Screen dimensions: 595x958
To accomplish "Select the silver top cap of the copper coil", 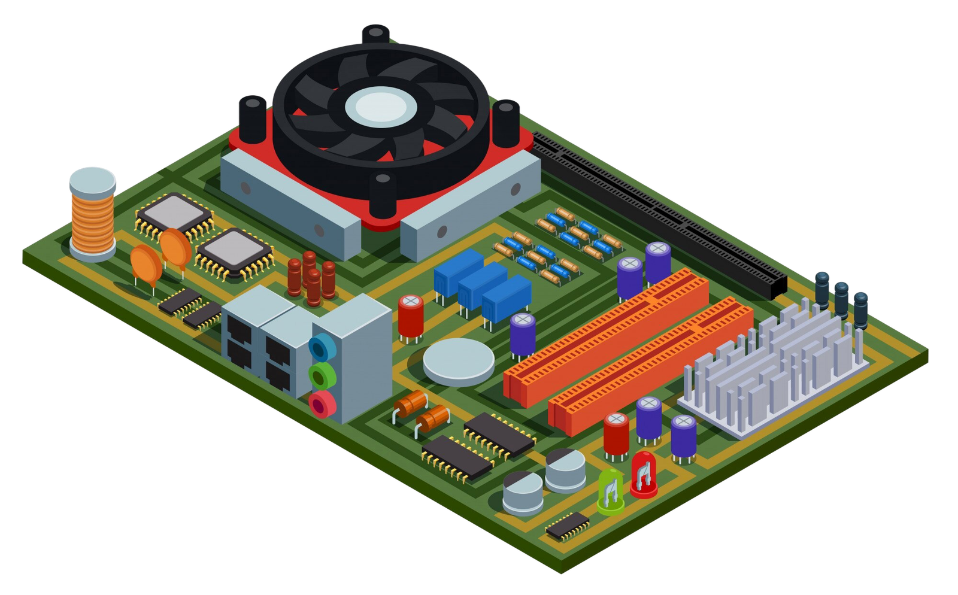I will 93,180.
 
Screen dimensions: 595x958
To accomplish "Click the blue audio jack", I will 322,346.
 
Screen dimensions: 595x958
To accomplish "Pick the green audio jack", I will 322,375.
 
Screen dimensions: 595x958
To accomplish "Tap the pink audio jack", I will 322,404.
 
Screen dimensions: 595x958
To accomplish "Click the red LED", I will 644,474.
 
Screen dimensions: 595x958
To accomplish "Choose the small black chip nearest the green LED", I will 567,525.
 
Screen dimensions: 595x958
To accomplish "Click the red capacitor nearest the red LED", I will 616,434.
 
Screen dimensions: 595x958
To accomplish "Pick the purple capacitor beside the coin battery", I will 523,336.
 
